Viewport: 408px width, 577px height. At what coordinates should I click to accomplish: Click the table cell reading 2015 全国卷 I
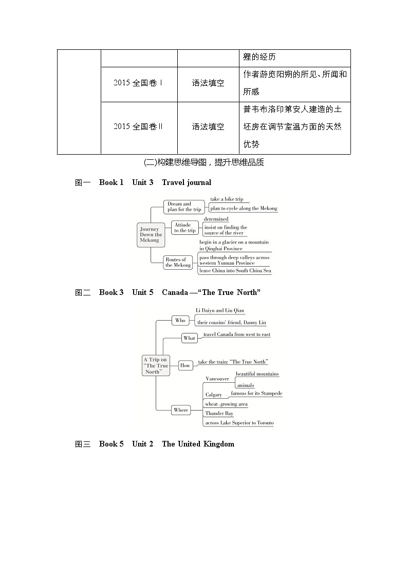(139, 83)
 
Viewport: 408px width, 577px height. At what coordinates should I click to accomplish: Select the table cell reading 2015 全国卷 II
(139, 127)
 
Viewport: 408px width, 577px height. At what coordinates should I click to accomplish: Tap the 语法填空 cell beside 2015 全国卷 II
(208, 127)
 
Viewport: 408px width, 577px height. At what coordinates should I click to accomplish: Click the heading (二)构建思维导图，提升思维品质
(204, 162)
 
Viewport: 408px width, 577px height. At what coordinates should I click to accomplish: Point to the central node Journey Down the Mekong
(150, 235)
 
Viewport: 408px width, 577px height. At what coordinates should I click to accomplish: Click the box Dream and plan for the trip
(184, 207)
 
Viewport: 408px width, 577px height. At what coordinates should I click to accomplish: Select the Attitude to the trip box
(184, 228)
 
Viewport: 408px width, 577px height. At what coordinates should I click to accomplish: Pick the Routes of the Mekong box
(178, 263)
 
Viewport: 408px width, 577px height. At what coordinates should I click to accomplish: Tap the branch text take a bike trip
(227, 199)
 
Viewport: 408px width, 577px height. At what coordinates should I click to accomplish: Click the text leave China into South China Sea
(235, 270)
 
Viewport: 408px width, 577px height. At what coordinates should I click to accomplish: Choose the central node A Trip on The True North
(156, 366)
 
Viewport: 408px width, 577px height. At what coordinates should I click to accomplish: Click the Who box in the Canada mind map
(180, 320)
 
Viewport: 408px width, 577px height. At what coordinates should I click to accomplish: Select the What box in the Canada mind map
(189, 338)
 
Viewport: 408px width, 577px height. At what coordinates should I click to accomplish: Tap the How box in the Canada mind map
(185, 365)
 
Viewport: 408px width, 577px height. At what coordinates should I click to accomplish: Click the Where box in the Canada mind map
(181, 410)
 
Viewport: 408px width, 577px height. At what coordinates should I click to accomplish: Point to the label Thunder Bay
(219, 413)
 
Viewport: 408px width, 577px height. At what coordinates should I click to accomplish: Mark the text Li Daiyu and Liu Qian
(220, 310)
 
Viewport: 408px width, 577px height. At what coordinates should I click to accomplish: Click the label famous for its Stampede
(256, 393)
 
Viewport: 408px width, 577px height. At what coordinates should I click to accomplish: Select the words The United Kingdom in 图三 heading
(198, 444)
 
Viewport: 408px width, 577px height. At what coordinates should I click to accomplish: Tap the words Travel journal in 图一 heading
(187, 182)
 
